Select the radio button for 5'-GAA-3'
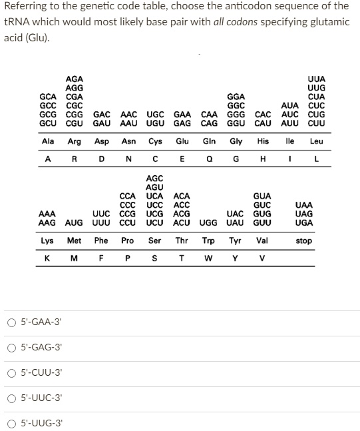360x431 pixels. click(12, 322)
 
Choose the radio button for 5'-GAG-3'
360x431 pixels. click(12, 348)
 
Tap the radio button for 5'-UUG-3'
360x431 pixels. click(12, 423)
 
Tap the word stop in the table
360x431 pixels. click(303, 240)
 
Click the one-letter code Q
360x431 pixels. click(209, 159)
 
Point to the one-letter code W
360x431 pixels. click(208, 258)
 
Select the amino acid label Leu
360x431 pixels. click(317, 141)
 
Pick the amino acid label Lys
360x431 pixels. click(47, 240)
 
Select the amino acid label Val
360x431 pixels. click(262, 240)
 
